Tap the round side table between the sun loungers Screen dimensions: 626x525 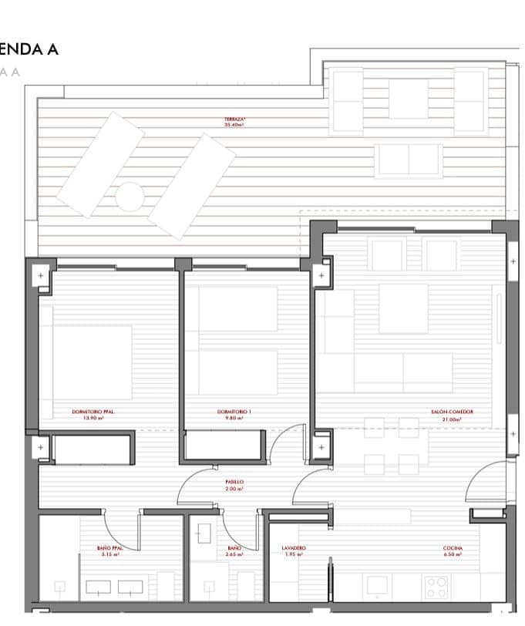[x=130, y=195]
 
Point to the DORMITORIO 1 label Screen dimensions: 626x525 [x=234, y=412]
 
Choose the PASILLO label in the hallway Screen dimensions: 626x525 [x=235, y=481]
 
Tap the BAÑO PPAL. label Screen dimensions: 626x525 [x=110, y=548]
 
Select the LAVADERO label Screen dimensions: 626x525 [x=294, y=548]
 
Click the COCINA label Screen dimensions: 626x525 [x=453, y=548]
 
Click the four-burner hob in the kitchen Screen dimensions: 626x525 [x=437, y=587]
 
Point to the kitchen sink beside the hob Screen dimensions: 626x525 [x=379, y=587]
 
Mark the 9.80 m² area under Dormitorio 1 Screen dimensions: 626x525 [x=234, y=419]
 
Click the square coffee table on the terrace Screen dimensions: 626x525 [x=408, y=99]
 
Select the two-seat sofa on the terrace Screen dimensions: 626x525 [x=409, y=160]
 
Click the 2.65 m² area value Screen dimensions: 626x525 [x=234, y=554]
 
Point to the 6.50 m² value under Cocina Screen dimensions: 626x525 [x=453, y=554]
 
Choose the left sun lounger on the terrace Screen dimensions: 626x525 [x=101, y=163]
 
